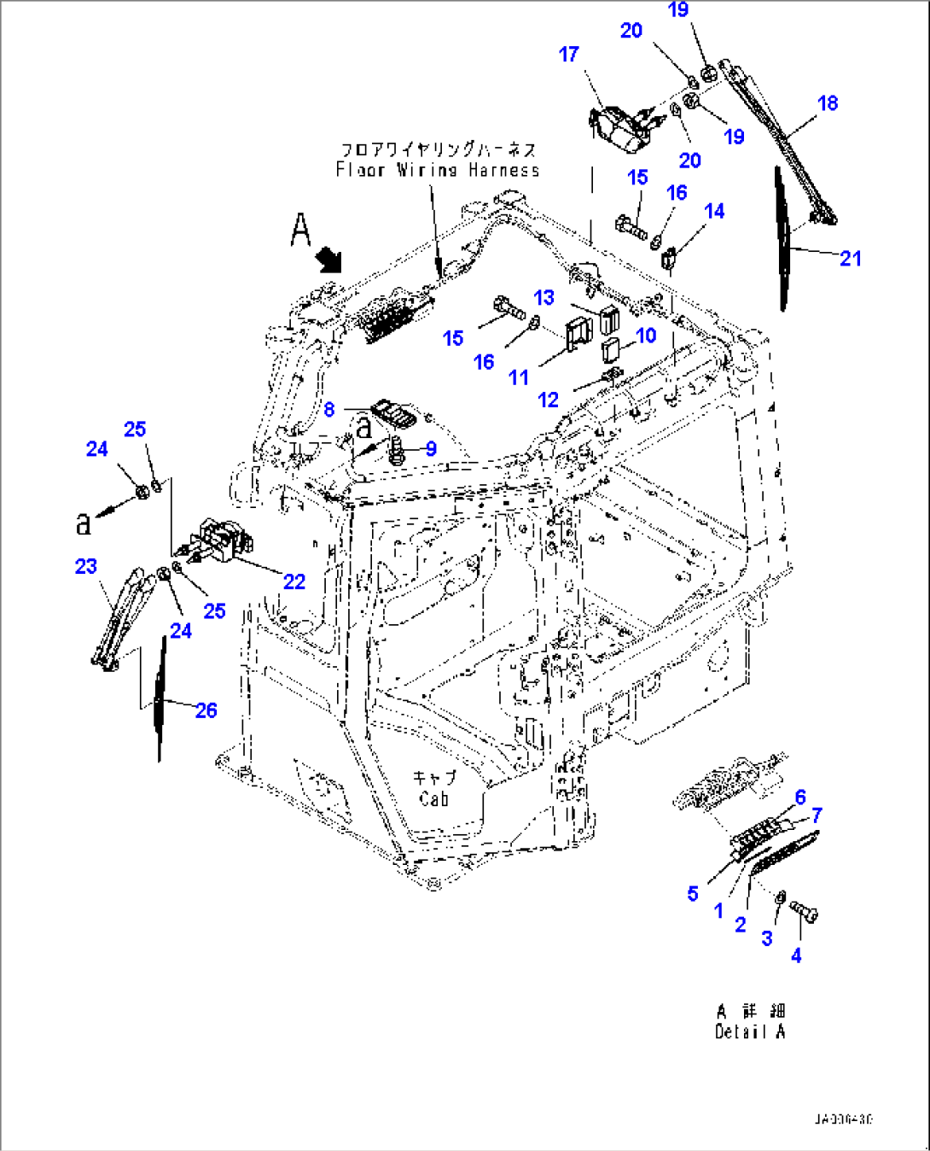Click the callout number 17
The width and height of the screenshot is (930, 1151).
pyautogui.click(x=568, y=55)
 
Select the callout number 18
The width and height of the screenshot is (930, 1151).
pyautogui.click(x=827, y=103)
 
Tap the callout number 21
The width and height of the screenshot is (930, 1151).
pyautogui.click(x=850, y=258)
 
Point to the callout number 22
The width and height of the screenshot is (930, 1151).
pyautogui.click(x=294, y=581)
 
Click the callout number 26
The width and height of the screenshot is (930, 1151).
pyautogui.click(x=206, y=710)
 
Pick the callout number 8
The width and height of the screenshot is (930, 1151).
pyautogui.click(x=329, y=410)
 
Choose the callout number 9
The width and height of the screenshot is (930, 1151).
pyautogui.click(x=431, y=448)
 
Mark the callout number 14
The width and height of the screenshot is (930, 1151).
pyautogui.click(x=714, y=211)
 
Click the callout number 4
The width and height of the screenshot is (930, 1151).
pyautogui.click(x=795, y=955)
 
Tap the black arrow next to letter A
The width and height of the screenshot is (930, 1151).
pyautogui.click(x=328, y=258)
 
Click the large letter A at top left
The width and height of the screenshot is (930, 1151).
pyautogui.click(x=300, y=230)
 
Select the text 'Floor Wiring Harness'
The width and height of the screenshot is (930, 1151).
pyautogui.click(x=438, y=170)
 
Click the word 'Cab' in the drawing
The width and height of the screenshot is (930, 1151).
pyautogui.click(x=433, y=799)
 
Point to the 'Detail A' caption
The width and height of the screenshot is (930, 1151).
pyautogui.click(x=750, y=1031)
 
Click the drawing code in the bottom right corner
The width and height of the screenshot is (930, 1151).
pyautogui.click(x=843, y=1119)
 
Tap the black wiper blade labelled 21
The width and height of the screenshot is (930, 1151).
pyautogui.click(x=781, y=239)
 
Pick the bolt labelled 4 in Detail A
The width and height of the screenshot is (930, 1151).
pyautogui.click(x=805, y=911)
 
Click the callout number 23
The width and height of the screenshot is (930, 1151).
pyautogui.click(x=86, y=566)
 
